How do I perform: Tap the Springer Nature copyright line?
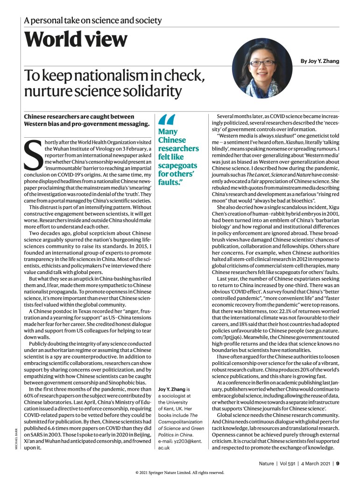180,472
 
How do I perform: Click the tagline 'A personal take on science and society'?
93,21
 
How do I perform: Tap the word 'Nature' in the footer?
268,463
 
